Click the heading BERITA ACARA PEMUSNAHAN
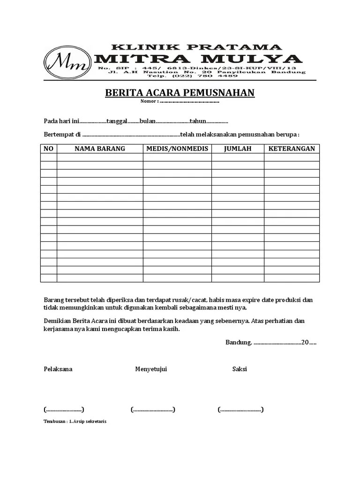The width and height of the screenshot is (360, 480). (x=180, y=93)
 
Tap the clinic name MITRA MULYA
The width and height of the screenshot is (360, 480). (x=198, y=59)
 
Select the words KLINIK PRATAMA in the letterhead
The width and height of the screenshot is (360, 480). (x=196, y=47)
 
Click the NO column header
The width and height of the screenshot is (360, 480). (x=49, y=149)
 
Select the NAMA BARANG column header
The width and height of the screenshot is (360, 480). (x=100, y=149)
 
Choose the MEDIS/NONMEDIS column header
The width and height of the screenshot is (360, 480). (x=177, y=149)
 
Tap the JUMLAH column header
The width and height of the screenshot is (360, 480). (x=237, y=149)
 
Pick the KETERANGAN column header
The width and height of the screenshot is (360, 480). (x=291, y=149)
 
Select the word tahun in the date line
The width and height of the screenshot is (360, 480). (x=198, y=121)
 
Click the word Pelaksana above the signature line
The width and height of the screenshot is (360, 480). (x=58, y=369)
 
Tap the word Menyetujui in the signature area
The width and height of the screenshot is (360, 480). (x=151, y=369)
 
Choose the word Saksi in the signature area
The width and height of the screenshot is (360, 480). (x=240, y=369)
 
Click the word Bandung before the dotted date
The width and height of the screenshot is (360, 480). (x=239, y=342)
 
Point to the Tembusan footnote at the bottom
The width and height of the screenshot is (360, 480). (x=75, y=421)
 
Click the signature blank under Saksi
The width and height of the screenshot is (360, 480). (x=240, y=410)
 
